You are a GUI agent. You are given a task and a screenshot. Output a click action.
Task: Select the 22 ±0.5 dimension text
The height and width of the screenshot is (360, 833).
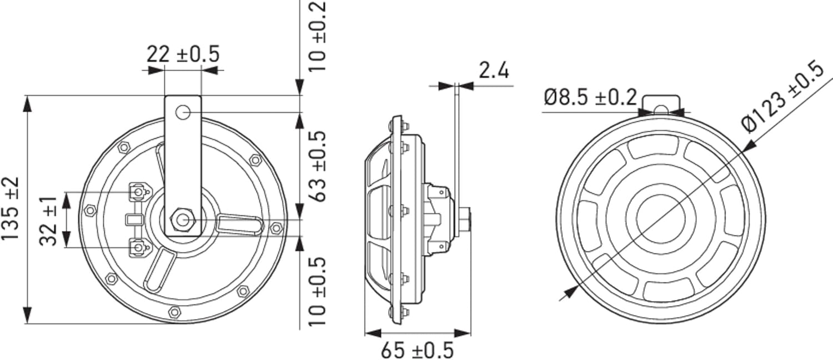click(x=183, y=54)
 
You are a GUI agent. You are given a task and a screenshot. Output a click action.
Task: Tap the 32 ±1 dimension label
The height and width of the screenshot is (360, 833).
click(x=50, y=219)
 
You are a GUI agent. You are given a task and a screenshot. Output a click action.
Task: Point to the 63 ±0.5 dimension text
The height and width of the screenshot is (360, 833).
click(x=315, y=167)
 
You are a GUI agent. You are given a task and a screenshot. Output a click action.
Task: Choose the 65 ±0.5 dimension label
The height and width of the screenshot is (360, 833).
click(x=416, y=350)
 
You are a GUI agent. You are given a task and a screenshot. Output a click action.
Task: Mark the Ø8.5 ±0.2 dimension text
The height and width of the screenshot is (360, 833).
click(x=590, y=98)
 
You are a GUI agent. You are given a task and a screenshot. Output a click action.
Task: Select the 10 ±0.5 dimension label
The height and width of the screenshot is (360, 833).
click(x=315, y=292)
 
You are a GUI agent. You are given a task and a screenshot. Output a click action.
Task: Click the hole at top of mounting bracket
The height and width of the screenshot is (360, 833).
click(x=182, y=113)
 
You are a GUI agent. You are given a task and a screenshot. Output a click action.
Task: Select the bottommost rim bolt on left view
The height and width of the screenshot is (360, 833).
click(x=174, y=312)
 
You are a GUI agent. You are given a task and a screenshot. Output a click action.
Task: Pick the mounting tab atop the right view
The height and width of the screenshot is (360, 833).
click(x=660, y=103)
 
